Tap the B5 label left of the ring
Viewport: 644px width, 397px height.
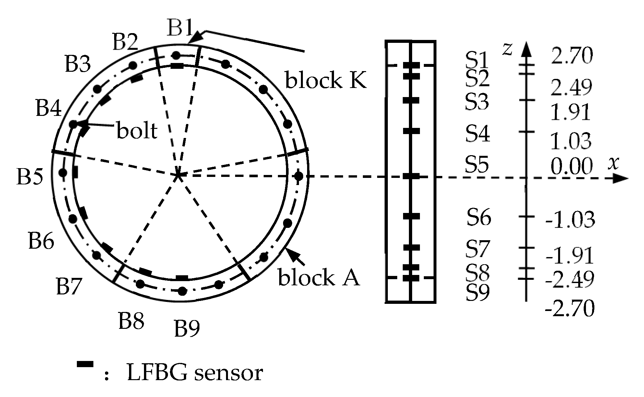point(30,177)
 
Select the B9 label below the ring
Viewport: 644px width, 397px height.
point(187,329)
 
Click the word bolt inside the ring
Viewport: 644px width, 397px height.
point(137,131)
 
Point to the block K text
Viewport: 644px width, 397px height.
point(325,80)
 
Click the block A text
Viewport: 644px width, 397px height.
point(319,278)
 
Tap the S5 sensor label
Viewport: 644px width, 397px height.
point(477,164)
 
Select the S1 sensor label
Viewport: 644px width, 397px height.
point(477,60)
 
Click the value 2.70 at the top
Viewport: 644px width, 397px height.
point(572,56)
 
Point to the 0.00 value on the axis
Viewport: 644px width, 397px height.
point(571,167)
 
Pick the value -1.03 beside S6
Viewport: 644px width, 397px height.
point(571,219)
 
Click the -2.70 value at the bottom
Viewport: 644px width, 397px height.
point(570,308)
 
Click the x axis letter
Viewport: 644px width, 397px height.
point(613,163)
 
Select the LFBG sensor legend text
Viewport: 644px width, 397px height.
point(195,373)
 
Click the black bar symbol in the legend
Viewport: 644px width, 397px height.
point(85,365)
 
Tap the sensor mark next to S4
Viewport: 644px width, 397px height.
point(411,131)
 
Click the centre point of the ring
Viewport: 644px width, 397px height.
point(178,176)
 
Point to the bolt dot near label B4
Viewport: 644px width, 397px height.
point(73,124)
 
